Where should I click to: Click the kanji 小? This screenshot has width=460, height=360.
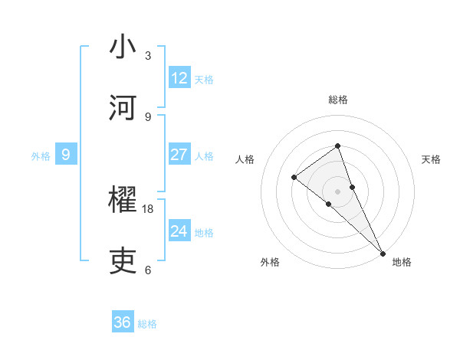[123, 47]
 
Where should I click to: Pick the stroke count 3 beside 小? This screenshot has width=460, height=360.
[148, 56]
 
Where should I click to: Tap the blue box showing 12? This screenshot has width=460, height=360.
[179, 78]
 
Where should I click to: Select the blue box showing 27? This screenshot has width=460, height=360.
[179, 155]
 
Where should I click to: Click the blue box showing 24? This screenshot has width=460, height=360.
[179, 231]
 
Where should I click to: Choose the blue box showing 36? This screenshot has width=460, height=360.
[123, 322]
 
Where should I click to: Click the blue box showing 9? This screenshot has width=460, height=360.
[66, 155]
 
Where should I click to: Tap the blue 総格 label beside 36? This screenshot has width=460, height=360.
[147, 324]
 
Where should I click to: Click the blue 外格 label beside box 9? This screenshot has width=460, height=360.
[41, 156]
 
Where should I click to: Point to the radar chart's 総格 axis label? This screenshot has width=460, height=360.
[337, 100]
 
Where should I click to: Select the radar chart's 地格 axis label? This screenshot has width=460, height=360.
[402, 263]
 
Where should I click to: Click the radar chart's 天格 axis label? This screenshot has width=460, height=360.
[432, 159]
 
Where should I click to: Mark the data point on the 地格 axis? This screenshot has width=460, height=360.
[382, 251]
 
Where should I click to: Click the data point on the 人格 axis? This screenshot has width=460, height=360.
[294, 177]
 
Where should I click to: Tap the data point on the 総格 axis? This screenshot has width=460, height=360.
[337, 146]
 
